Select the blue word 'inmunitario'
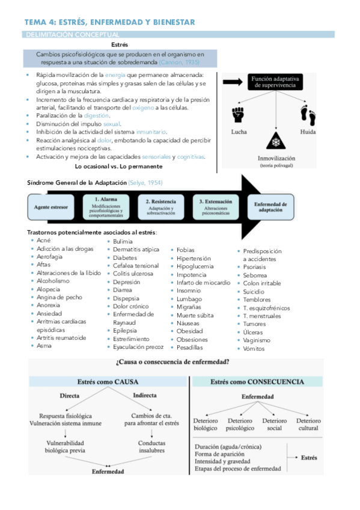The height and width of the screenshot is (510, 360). (151, 132)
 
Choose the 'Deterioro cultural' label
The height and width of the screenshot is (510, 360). (308, 424)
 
